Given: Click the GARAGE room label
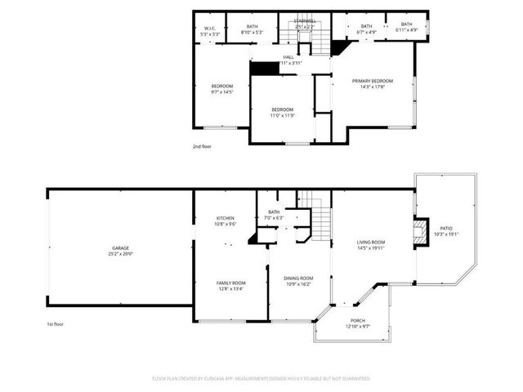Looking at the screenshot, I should (120, 247).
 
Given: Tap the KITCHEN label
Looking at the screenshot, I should (226, 218).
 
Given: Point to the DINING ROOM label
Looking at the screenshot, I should (297, 278).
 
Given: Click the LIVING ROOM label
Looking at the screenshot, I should (370, 242).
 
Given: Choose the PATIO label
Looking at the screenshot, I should (446, 228).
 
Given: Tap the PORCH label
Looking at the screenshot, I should (358, 320).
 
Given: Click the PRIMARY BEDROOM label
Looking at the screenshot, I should (373, 81).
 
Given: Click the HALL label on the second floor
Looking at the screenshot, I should (288, 56).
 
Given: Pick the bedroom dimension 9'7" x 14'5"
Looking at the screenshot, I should (222, 92).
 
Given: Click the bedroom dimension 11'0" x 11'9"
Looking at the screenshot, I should (282, 115).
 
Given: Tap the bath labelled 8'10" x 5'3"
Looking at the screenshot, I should (253, 33).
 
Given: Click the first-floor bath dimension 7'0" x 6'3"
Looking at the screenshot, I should (274, 218).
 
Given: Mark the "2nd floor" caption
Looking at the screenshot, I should (202, 146).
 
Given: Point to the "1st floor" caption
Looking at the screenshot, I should (55, 324).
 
